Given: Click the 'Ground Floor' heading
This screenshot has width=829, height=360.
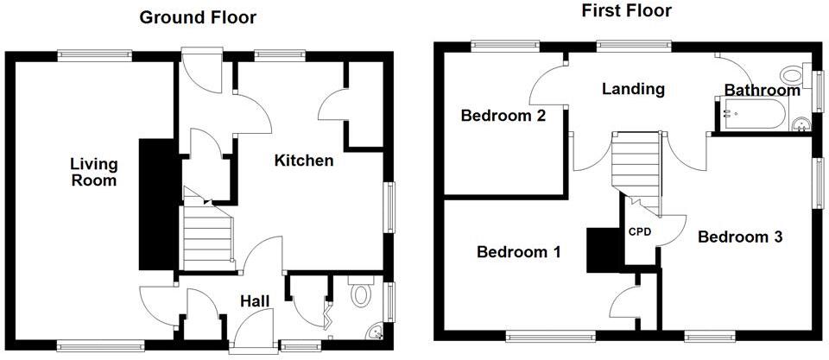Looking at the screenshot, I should (x=198, y=17).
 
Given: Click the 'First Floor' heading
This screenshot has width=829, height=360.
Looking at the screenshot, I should (x=625, y=11).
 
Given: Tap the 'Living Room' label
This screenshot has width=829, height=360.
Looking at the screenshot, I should (x=93, y=172).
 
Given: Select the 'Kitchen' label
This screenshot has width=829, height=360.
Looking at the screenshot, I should (x=304, y=160).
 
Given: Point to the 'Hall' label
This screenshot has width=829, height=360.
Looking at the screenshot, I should (x=256, y=300).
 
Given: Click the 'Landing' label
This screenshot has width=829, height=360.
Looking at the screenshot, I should (x=634, y=89).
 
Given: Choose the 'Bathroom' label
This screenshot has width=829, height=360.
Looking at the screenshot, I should (x=762, y=91).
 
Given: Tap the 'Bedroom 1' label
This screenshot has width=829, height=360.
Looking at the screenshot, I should (x=519, y=252).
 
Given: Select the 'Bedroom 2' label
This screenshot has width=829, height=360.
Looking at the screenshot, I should (x=503, y=116).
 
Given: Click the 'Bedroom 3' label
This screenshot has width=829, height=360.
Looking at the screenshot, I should (x=740, y=237).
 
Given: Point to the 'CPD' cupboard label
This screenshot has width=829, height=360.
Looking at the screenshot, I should (x=639, y=231).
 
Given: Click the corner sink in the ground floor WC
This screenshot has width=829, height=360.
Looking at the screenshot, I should (x=374, y=332).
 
